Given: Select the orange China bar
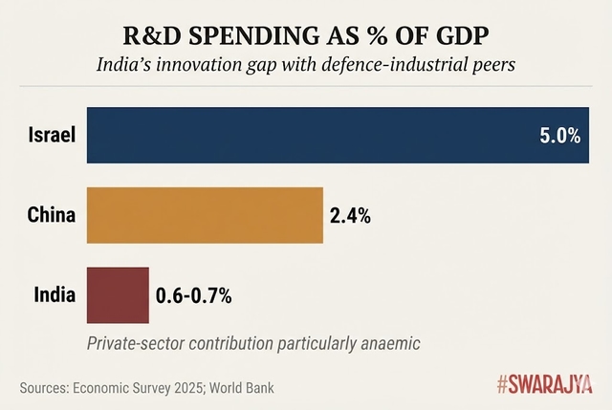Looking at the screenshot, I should coord(205,215).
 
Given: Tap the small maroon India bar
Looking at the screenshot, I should coord(118,295).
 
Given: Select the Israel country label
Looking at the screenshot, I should coord(50,135).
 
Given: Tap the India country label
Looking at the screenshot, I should coord(52,295).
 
